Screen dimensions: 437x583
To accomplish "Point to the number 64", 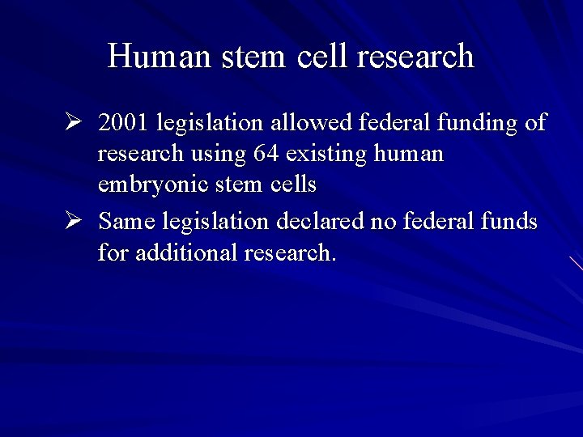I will [x=266, y=154].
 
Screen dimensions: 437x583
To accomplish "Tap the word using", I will [x=214, y=154].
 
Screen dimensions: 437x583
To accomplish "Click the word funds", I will [x=505, y=221].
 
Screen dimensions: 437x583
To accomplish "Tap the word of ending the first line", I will [x=535, y=124].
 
